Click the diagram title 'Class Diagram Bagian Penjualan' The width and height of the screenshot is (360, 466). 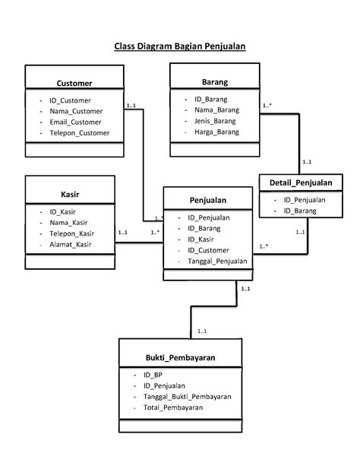[x=180, y=46]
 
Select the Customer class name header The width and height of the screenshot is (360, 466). [x=74, y=83]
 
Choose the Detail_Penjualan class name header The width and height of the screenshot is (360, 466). [x=301, y=182]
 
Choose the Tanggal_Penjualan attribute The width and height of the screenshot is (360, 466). [x=221, y=261]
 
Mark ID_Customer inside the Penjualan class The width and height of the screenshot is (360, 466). [x=213, y=250]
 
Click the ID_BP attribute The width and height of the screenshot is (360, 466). [x=153, y=375]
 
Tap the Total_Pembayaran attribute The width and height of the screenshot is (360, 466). [x=178, y=408]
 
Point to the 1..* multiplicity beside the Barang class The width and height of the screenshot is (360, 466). [x=268, y=106]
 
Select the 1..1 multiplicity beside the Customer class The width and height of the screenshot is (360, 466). [x=131, y=106]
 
